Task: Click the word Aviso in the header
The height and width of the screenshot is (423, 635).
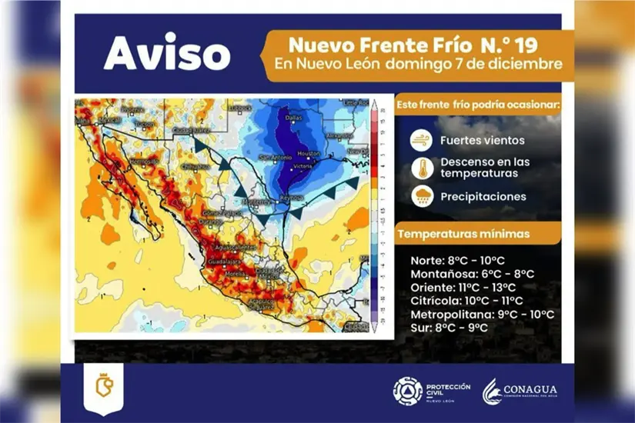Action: (x=166, y=54)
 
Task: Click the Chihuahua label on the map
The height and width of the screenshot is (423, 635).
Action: (x=194, y=165)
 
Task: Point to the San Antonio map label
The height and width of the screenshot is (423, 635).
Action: (x=275, y=158)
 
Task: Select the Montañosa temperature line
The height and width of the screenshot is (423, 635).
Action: (x=473, y=273)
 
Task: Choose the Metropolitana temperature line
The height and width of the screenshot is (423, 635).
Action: (x=483, y=314)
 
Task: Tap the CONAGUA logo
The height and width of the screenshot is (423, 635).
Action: (x=520, y=391)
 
